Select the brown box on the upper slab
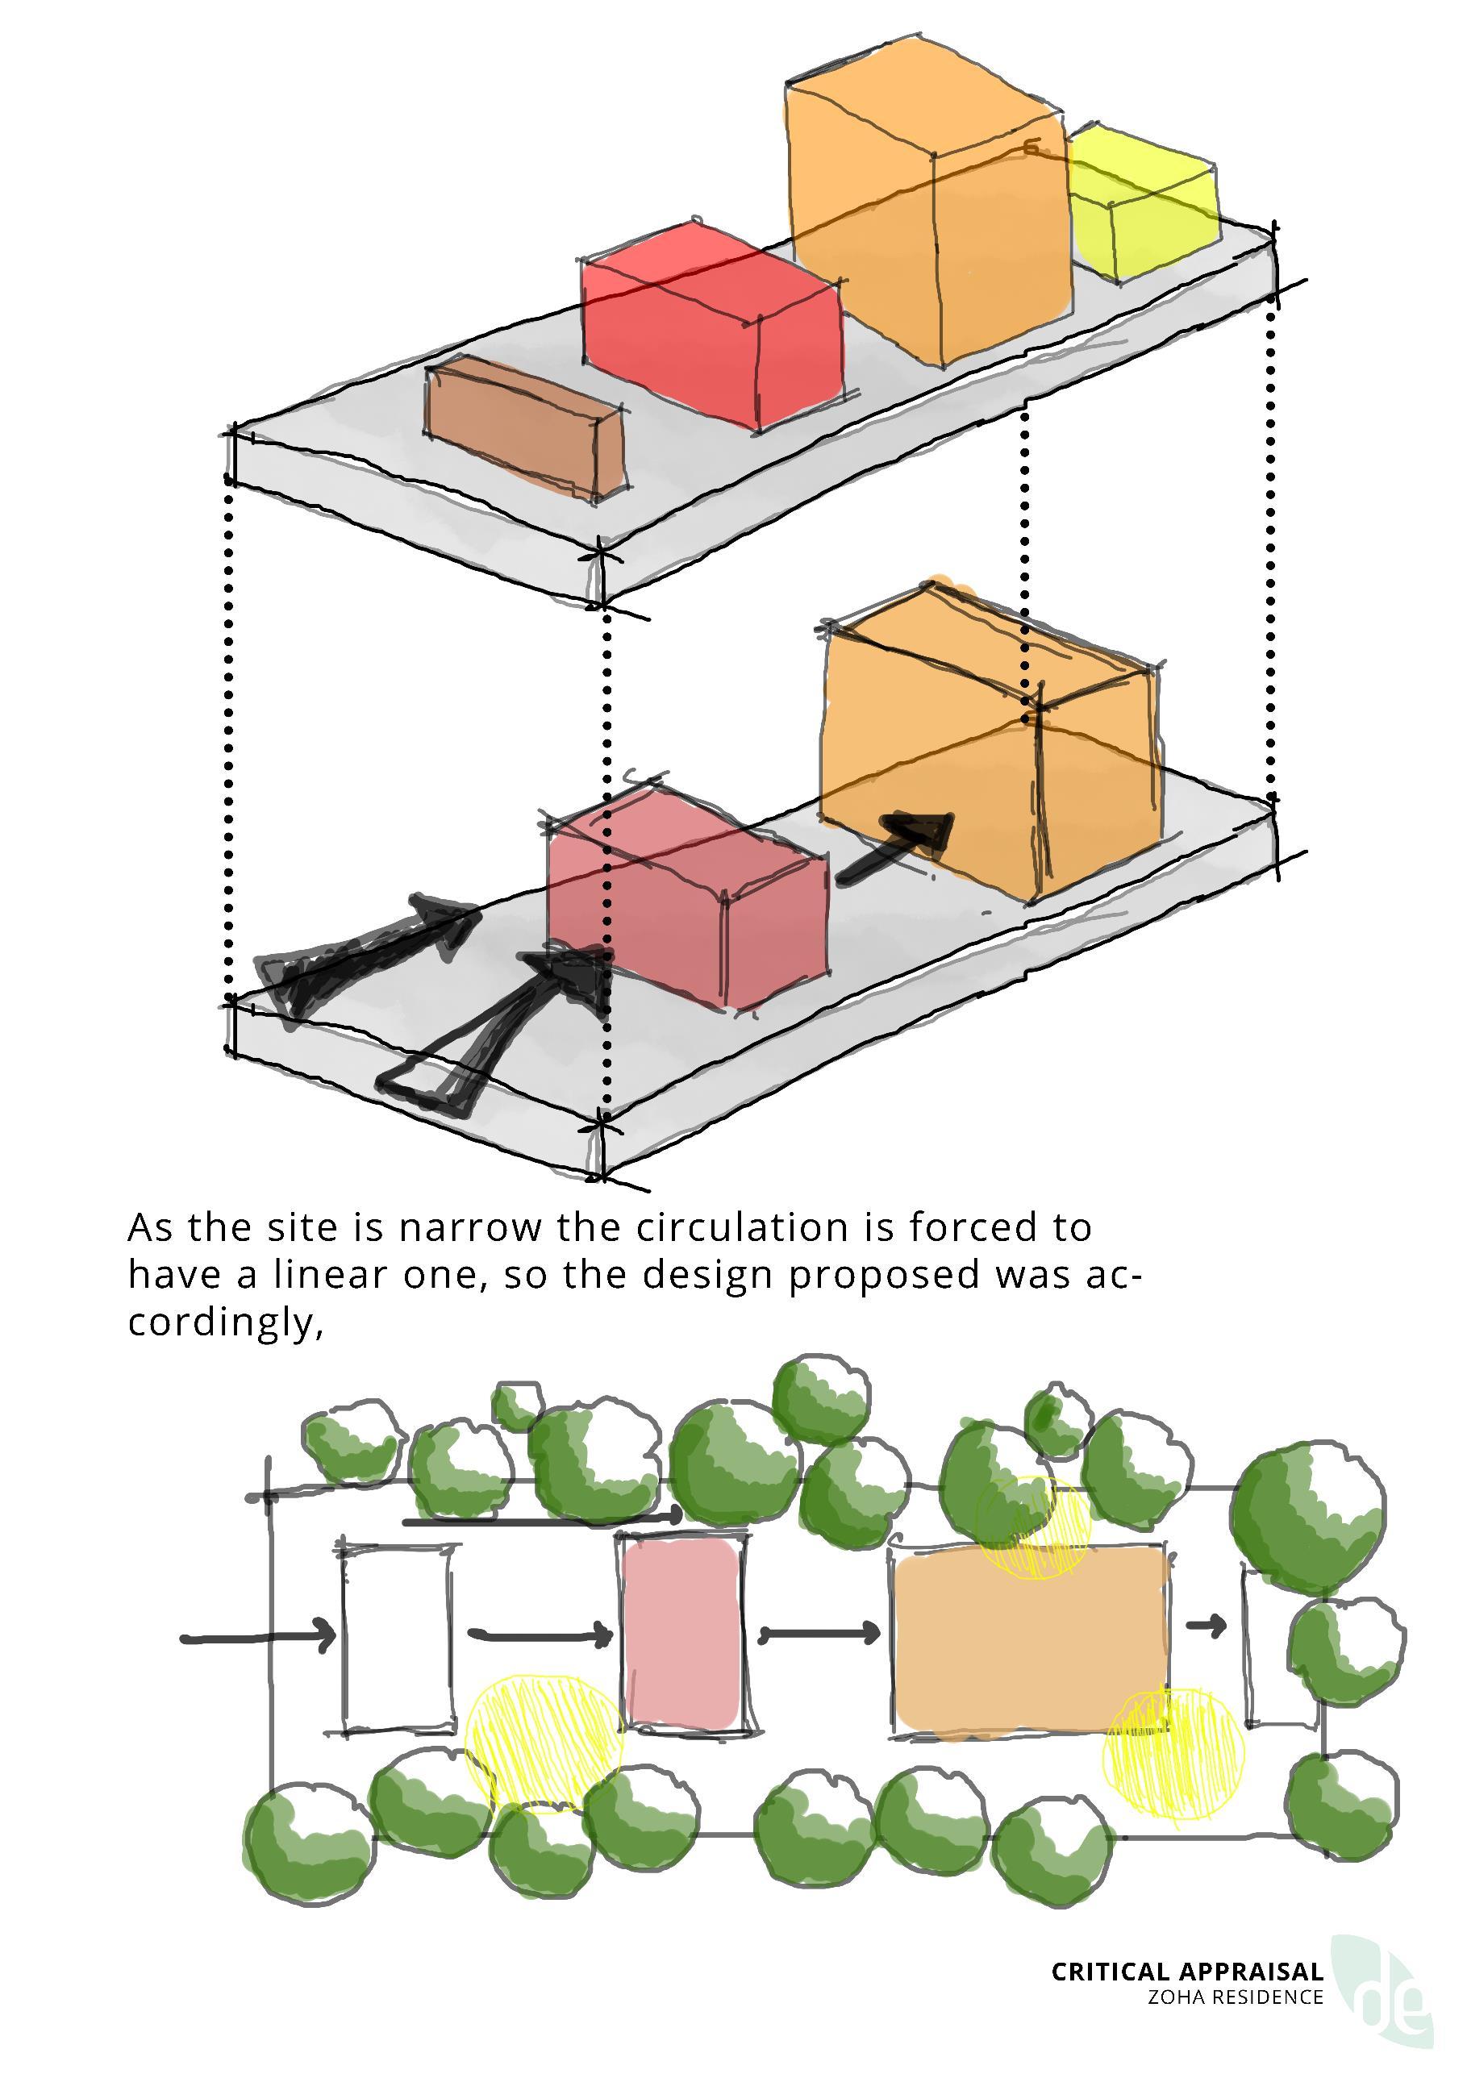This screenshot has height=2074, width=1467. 524,427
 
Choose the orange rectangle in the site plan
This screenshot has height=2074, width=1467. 1030,1639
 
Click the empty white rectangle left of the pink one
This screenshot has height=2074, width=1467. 398,1639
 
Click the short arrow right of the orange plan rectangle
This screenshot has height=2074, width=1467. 1206,1626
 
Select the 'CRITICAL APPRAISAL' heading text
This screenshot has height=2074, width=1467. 1186,1971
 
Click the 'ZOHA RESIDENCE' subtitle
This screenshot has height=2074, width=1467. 1235,1997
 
